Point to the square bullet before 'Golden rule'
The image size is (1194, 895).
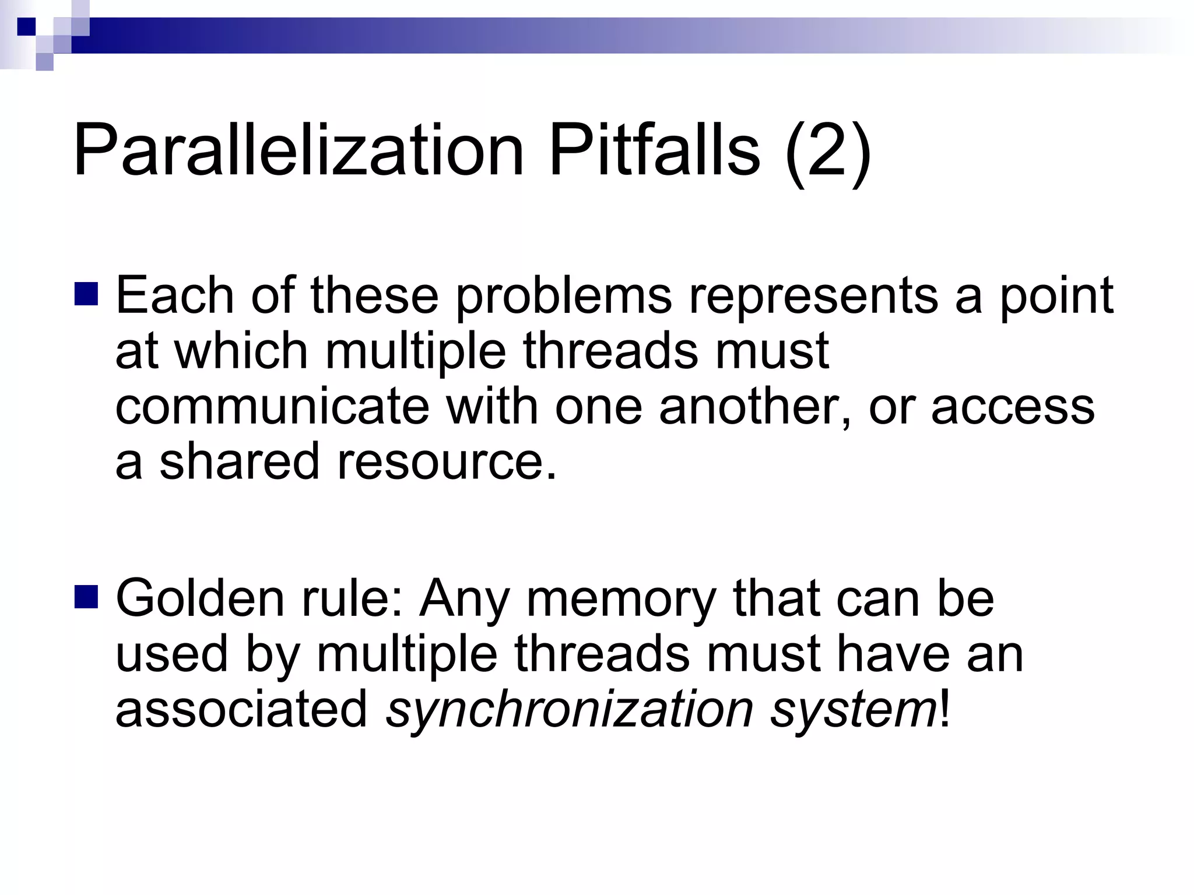[x=86, y=597]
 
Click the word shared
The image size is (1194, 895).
[x=240, y=461]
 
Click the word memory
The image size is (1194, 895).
[x=621, y=600]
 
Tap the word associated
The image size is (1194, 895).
[x=241, y=709]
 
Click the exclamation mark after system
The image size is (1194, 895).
[x=944, y=709]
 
